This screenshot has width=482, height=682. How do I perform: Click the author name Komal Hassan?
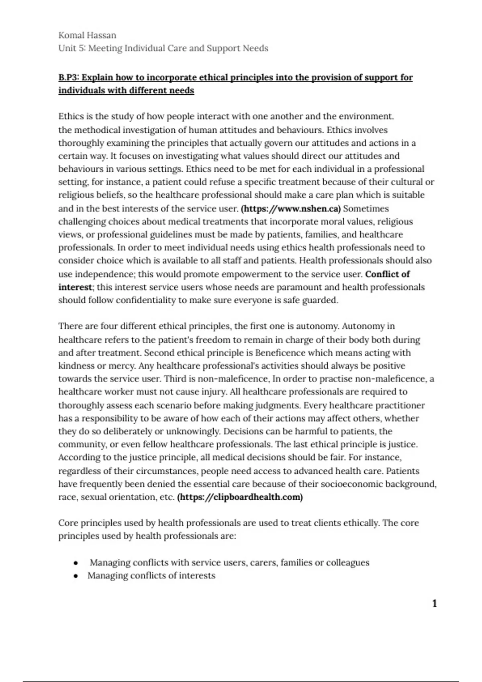(x=87, y=35)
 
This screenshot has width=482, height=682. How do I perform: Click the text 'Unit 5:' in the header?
(x=72, y=49)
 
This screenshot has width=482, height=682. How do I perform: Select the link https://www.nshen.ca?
(x=290, y=209)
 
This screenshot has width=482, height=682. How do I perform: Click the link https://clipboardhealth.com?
(x=240, y=497)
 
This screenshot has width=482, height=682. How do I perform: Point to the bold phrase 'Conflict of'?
(x=387, y=274)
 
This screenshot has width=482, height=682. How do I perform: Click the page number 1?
(x=434, y=603)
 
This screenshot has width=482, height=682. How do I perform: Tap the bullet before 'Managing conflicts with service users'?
(x=76, y=563)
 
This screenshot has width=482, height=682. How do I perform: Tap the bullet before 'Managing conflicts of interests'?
(x=76, y=576)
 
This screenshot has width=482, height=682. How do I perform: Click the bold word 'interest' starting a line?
(x=75, y=287)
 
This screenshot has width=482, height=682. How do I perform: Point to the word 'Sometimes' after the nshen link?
(x=366, y=209)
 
